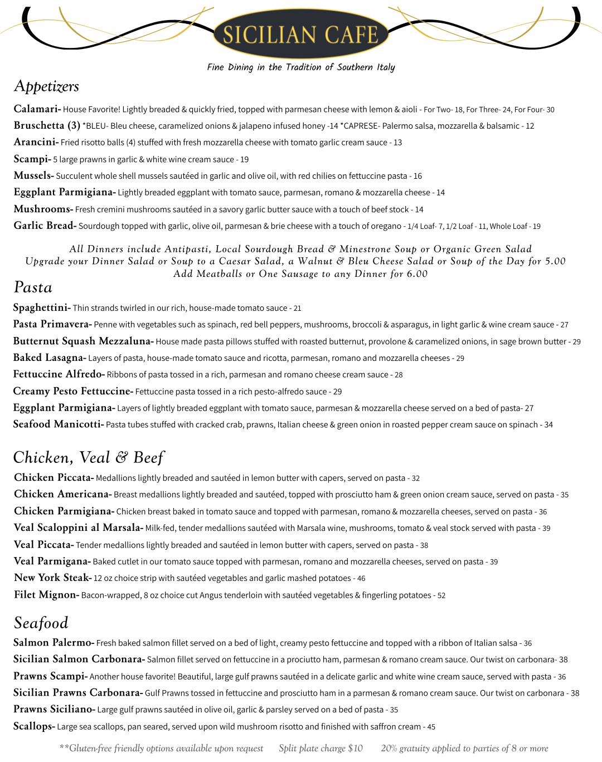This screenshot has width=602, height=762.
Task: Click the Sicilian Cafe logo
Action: coord(300,35)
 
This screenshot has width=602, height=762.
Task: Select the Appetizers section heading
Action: coord(46,86)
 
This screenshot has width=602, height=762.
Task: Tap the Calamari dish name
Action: coord(37,109)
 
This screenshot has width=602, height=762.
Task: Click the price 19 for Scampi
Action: coord(245,160)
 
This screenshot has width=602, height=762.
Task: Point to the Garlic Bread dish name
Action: coord(45,226)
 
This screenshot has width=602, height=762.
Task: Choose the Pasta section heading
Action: coord(33,287)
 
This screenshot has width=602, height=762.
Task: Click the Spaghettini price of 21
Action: coord(298,309)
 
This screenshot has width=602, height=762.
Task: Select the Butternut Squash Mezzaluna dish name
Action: coord(83,341)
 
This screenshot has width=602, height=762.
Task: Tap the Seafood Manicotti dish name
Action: coord(58,424)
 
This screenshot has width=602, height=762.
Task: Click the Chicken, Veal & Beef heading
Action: coord(89,458)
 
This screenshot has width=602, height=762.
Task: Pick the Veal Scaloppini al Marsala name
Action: coord(78,527)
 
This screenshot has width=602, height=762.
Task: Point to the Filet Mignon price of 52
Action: coord(441,595)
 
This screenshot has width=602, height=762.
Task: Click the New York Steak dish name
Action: coord(52,578)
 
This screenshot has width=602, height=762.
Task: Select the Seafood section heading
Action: coord(41,623)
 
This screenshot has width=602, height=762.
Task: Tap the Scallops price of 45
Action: coord(431,727)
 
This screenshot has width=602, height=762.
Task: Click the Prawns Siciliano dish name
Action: coord(54,709)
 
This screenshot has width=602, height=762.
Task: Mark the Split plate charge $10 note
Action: coord(321,748)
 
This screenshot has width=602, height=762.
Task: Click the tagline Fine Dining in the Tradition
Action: coord(301,67)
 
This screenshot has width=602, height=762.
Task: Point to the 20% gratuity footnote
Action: coord(464,748)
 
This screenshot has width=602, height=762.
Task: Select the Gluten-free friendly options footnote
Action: coord(161,748)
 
